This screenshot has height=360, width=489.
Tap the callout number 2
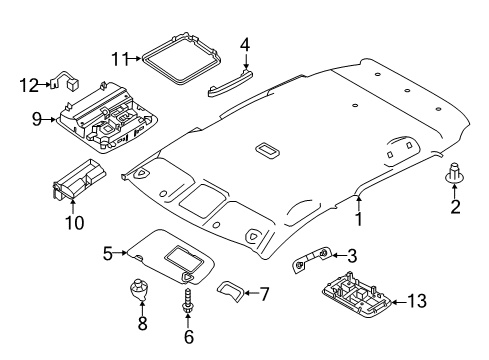click(x=454, y=209)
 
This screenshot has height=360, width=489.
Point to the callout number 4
click(x=244, y=45)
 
